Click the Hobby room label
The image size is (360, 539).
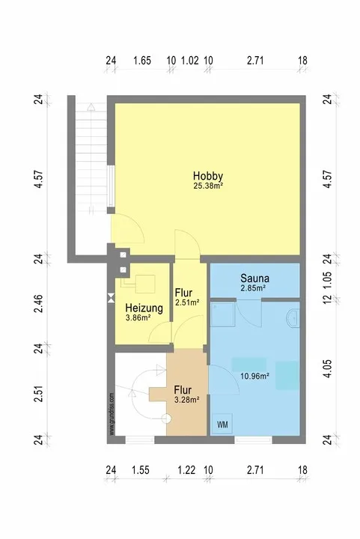208,176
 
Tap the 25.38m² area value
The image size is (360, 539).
209,186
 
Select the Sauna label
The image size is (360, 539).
254,278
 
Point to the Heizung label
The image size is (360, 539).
144,308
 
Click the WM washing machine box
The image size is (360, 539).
222,424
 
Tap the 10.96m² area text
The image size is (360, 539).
254,376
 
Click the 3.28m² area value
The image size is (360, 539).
187,400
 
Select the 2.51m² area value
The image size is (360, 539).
188,302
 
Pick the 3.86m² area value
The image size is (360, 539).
138,318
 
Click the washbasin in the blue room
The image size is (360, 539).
293,318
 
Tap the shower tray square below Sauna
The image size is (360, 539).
222,314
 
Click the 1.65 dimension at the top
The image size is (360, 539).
142,61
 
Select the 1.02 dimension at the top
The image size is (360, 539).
189,61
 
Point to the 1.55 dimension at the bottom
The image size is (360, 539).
141,469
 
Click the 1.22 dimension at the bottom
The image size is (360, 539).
186,469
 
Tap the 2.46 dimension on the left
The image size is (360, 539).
40,303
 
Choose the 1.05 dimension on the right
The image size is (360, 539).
328,278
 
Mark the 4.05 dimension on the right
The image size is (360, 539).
328,369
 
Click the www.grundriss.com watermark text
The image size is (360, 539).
112,414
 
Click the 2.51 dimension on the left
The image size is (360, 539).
40,394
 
